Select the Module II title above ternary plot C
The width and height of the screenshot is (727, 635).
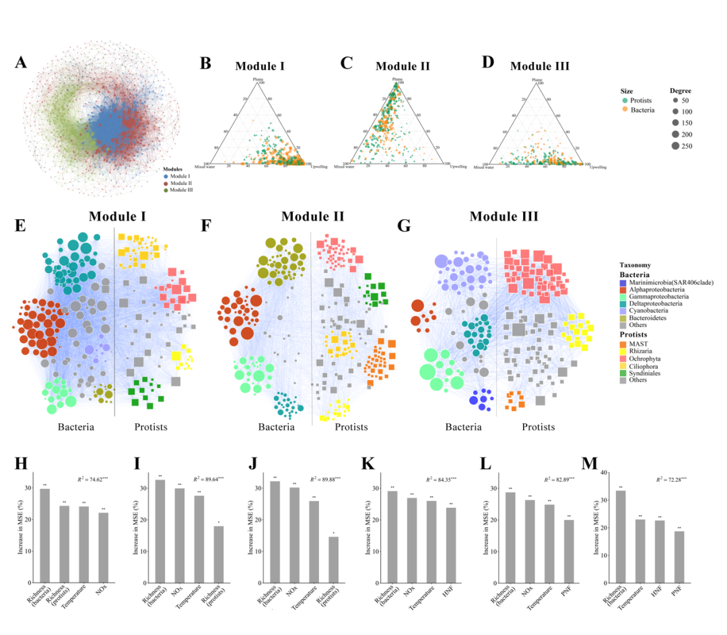pos(403,66)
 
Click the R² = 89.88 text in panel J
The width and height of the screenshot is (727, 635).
pos(330,480)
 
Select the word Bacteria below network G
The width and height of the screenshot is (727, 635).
pos(463,426)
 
